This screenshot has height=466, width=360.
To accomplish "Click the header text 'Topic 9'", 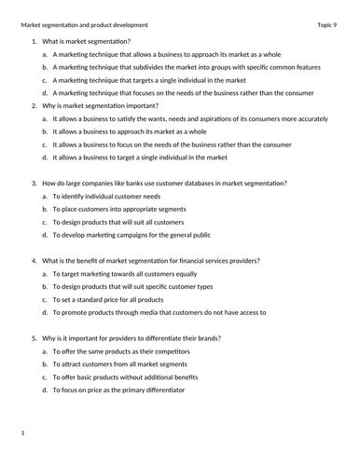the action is (x=330, y=24).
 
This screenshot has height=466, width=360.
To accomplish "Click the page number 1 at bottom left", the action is (x=22, y=432).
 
